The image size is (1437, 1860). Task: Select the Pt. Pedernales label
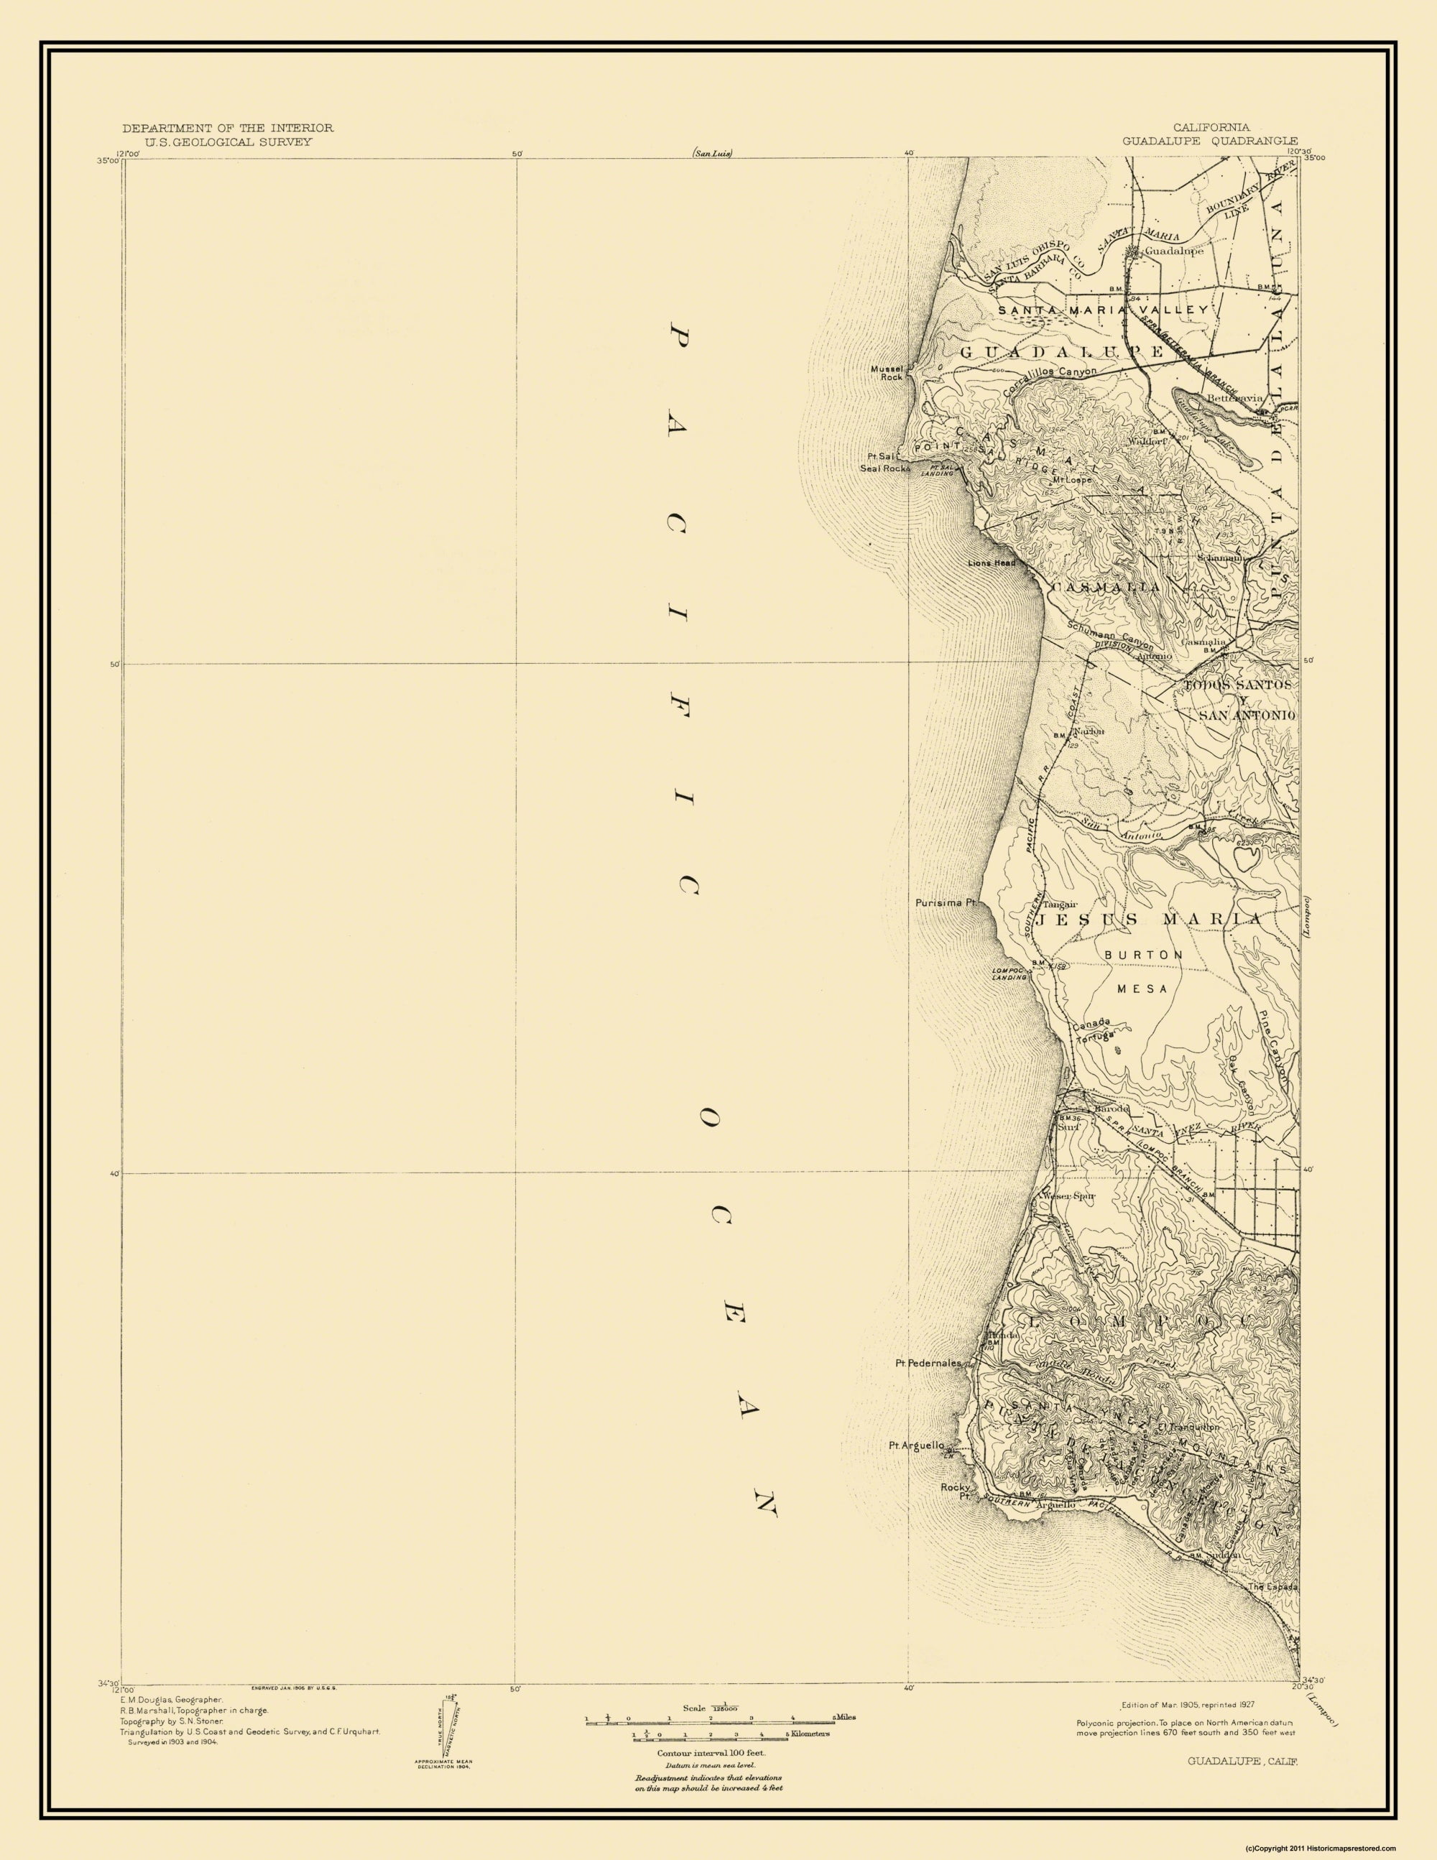928,1363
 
